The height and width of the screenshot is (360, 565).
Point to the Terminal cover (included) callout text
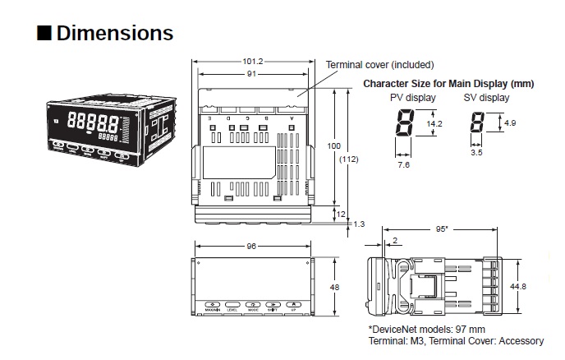(379, 64)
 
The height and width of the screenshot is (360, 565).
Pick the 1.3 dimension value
(359, 223)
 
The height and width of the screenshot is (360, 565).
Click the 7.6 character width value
(403, 164)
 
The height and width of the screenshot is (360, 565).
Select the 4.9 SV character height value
(509, 122)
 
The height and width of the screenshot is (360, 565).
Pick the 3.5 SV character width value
(476, 152)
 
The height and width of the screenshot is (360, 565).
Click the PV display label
(412, 98)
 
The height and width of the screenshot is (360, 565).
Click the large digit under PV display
(404, 125)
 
